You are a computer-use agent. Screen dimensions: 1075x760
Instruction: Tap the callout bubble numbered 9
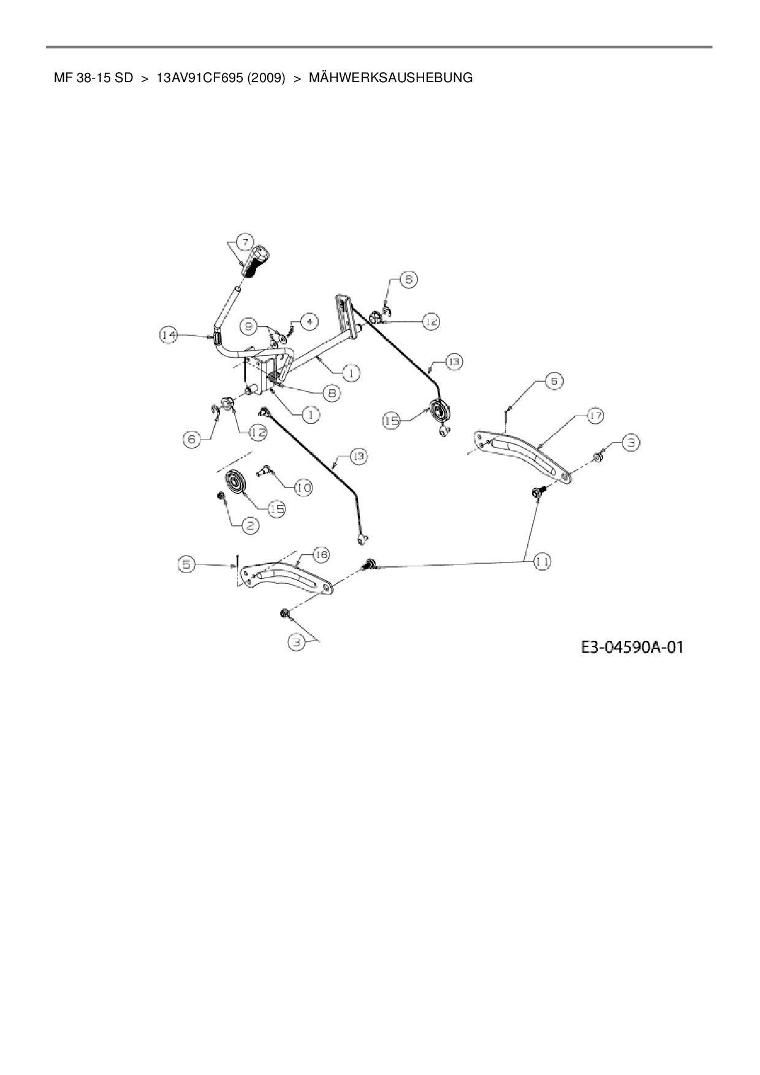coord(248,327)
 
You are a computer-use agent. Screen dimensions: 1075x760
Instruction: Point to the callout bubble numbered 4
coord(309,321)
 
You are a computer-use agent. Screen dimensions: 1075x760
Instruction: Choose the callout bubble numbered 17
coord(594,416)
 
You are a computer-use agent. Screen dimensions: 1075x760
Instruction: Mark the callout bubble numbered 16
coord(320,555)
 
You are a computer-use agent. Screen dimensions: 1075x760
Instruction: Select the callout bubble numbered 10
coord(303,488)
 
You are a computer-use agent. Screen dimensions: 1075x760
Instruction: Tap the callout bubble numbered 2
coord(250,525)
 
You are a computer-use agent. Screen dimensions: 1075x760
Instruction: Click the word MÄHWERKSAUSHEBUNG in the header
coord(390,78)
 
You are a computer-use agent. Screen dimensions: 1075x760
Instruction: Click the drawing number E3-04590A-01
coord(631,647)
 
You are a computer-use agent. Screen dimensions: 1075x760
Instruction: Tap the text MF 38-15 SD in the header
coord(93,78)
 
